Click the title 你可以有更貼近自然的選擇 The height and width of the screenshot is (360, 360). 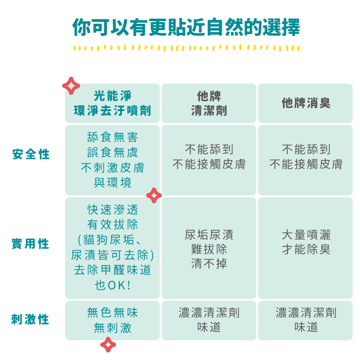pos(186,27)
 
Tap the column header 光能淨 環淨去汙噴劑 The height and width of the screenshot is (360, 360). pos(112,103)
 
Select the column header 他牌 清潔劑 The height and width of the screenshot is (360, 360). pos(209,103)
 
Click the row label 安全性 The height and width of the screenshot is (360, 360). pos(31,154)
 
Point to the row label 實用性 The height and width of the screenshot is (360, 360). pos(30,244)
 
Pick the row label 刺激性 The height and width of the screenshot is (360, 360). pos(30,320)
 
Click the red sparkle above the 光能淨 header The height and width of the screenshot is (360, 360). pos(71,85)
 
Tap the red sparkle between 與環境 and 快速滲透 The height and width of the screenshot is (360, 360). pos(154,195)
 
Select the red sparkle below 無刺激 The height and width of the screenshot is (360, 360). pos(108,345)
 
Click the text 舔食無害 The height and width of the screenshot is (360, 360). pos(112,137)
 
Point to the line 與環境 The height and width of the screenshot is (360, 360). pos(112,183)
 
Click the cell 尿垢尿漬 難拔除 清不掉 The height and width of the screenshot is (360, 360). pos(209,249)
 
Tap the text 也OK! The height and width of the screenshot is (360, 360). pos(112,285)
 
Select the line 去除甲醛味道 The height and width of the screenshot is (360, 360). pos(112,270)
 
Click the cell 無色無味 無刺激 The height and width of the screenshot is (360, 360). pos(112,320)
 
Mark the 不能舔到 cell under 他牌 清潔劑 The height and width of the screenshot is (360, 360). pos(209,157)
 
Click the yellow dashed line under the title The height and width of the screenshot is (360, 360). pos(186,47)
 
